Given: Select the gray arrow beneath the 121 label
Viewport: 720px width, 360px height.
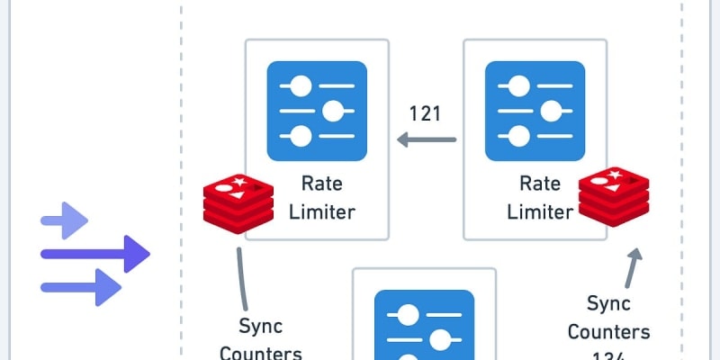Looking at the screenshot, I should (x=427, y=139).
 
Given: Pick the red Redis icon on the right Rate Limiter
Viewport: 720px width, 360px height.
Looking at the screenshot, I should (x=614, y=197).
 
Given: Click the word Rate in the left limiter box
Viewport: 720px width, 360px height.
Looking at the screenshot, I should (x=321, y=184).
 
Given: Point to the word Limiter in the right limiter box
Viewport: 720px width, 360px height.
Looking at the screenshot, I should (x=539, y=212).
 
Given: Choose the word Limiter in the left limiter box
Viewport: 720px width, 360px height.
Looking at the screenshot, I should (x=321, y=212).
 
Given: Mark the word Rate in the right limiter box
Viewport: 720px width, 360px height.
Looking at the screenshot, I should (x=539, y=184).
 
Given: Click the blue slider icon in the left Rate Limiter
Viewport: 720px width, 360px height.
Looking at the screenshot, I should (x=317, y=111).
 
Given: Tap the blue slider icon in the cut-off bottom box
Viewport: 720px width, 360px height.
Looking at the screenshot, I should (x=424, y=325).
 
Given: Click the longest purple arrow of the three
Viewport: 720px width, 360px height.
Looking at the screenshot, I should (x=94, y=254).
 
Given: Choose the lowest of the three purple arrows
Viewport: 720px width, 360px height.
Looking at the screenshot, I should (x=81, y=287).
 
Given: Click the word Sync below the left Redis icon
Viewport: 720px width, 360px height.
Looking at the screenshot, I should (x=260, y=325).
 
